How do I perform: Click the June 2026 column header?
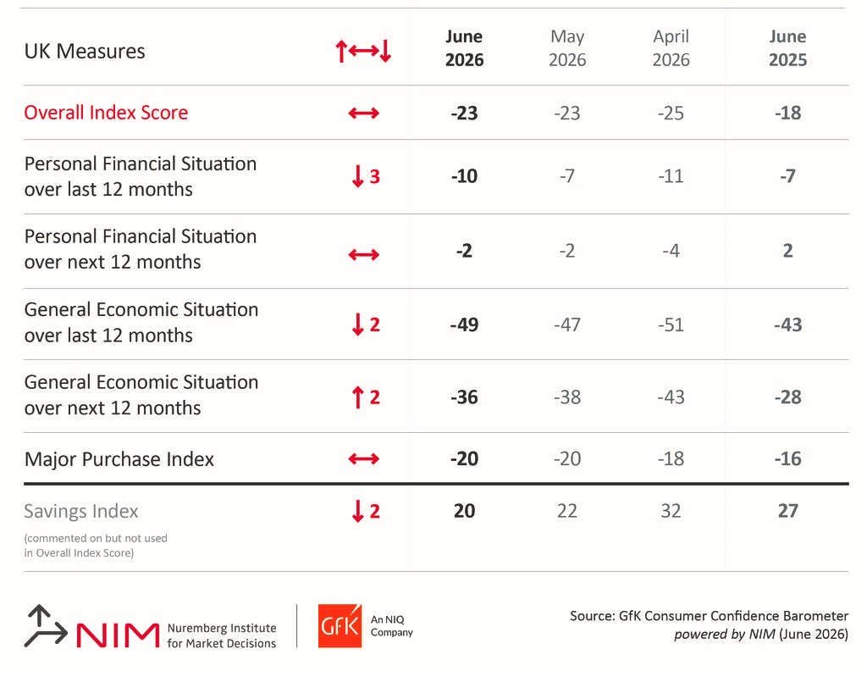(x=464, y=48)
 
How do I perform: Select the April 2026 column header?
(x=671, y=48)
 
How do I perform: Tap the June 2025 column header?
(x=787, y=48)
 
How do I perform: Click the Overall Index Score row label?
(x=106, y=113)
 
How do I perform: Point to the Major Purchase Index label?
(x=119, y=459)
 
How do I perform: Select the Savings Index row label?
(x=80, y=511)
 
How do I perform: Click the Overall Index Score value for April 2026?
(x=671, y=113)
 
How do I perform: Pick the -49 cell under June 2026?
(x=464, y=325)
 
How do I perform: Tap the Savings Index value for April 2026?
(x=671, y=510)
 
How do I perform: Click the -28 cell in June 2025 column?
(x=787, y=397)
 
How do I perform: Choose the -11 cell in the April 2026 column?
(x=671, y=176)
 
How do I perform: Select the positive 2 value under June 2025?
(x=788, y=250)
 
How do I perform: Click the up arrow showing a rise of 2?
(x=358, y=397)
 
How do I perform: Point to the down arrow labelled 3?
(x=358, y=176)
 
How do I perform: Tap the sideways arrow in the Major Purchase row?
(x=364, y=459)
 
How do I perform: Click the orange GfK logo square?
(x=340, y=626)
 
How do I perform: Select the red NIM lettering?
(x=117, y=635)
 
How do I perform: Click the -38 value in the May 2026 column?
(x=567, y=397)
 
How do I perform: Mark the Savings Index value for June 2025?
(x=788, y=510)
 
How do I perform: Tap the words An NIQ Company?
(x=391, y=626)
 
